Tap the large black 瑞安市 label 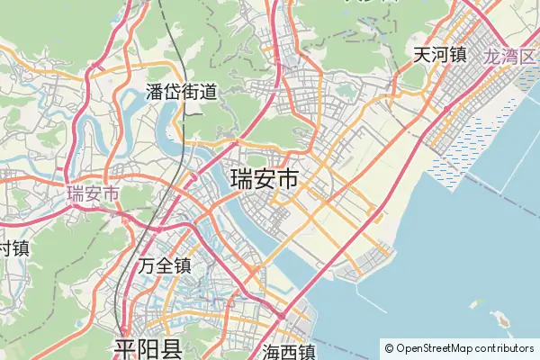[x=265, y=178]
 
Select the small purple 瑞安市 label [x=93, y=193]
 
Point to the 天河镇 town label [x=439, y=55]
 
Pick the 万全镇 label [x=166, y=265]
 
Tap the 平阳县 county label [x=148, y=348]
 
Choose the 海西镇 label [x=289, y=351]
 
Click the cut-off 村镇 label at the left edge [x=13, y=247]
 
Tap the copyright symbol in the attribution [x=389, y=347]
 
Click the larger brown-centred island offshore [x=500, y=319]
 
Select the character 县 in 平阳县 [x=171, y=348]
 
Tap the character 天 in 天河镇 [x=422, y=55]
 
